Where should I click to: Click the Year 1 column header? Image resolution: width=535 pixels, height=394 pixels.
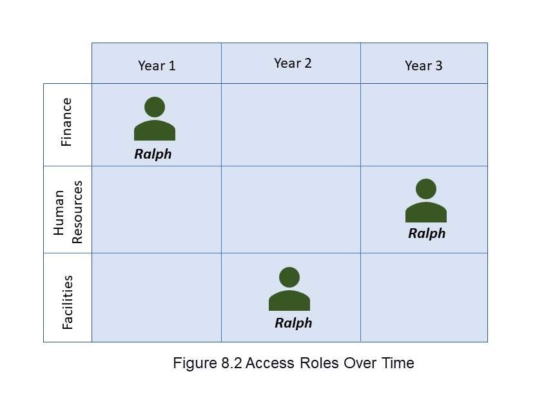[157, 66]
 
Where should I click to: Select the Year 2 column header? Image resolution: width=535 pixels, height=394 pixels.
[293, 63]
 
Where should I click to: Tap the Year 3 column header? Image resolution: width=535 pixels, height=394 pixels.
[423, 66]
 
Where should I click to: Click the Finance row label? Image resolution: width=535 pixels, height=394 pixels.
[66, 122]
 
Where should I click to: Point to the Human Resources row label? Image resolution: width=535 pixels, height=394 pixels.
[68, 212]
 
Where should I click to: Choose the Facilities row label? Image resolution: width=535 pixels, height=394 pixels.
[67, 302]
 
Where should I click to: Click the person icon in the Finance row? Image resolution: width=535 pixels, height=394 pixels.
[155, 119]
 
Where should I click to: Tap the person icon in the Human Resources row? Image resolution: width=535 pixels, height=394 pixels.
[426, 201]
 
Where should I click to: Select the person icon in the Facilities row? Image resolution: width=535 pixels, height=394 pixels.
[289, 289]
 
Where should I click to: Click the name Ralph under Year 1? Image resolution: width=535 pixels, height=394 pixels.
[153, 154]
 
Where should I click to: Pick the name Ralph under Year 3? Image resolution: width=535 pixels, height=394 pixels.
[427, 234]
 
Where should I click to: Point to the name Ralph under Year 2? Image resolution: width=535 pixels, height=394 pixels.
[293, 323]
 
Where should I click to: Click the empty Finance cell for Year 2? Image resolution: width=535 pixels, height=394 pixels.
[291, 124]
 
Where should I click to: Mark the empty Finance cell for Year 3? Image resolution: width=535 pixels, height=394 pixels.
[423, 124]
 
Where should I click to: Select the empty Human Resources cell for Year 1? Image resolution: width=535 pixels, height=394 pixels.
[157, 210]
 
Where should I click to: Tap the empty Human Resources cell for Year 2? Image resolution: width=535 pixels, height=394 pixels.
[291, 210]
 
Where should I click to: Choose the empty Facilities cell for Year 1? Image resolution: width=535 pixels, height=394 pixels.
[157, 297]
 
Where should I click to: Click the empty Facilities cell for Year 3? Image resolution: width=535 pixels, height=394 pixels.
[423, 297]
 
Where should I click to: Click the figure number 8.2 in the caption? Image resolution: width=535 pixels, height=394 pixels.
[231, 363]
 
